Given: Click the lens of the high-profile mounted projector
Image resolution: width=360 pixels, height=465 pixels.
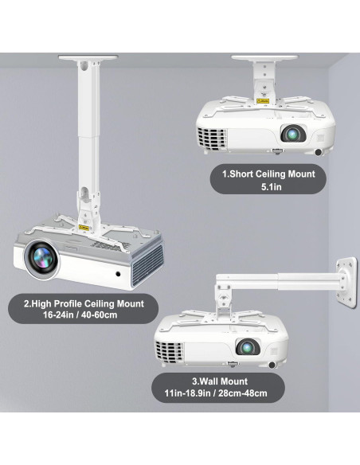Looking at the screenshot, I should coord(40,257).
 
